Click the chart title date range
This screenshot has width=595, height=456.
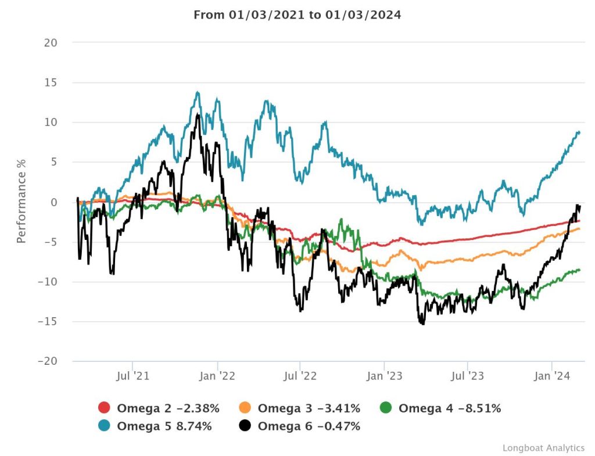[297, 15]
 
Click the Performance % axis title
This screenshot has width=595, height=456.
[21, 202]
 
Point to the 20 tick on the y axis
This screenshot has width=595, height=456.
[50, 42]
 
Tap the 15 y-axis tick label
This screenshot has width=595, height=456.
[51, 82]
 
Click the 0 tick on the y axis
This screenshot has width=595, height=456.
[53, 202]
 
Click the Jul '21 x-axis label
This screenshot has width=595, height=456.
[133, 376]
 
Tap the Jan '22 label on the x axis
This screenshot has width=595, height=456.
[217, 376]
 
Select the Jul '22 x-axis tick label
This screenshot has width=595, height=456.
[300, 376]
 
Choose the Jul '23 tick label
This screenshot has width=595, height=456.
[468, 376]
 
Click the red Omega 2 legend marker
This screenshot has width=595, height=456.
[105, 408]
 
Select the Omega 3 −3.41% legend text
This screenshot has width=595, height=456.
[309, 408]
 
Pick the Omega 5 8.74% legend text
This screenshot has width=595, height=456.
[164, 426]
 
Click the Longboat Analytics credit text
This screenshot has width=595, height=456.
[543, 447]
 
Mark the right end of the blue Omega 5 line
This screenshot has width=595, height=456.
[579, 132]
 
